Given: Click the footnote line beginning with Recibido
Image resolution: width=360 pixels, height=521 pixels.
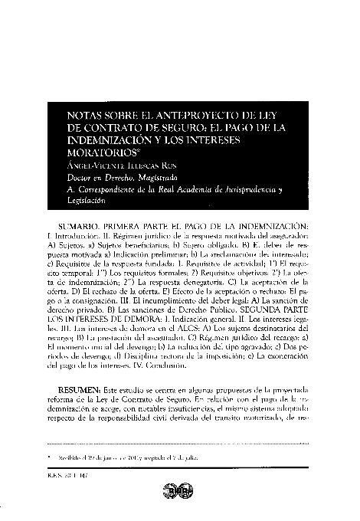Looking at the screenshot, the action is click(x=129, y=457).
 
